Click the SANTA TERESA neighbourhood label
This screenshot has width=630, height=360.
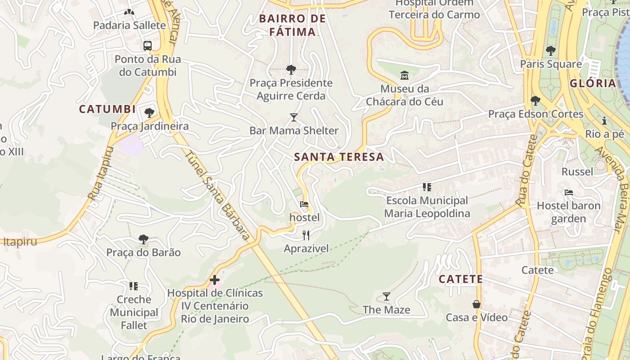(339, 157)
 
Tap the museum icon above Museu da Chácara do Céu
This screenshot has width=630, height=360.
(404, 75)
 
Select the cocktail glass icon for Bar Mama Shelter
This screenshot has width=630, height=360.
(294, 117)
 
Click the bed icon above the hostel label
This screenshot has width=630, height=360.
(304, 205)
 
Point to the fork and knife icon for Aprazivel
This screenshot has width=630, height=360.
(306, 235)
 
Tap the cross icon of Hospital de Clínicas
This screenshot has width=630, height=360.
(215, 280)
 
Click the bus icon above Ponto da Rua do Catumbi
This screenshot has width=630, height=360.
(148, 45)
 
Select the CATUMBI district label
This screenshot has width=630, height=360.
(107, 109)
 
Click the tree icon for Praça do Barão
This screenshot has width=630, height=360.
(143, 239)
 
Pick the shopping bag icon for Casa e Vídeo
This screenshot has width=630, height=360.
(477, 304)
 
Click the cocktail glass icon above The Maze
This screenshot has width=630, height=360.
(386, 297)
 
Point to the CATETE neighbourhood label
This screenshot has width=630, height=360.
(461, 279)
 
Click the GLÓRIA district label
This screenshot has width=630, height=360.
(593, 83)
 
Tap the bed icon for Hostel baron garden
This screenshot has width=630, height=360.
(569, 193)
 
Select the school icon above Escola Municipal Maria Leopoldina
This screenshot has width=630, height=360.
(427, 187)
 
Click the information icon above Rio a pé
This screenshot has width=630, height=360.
(604, 121)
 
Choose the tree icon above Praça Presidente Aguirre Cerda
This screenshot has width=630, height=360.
(291, 69)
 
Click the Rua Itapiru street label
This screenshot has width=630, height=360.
(101, 173)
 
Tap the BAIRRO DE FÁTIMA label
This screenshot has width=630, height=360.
(292, 25)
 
